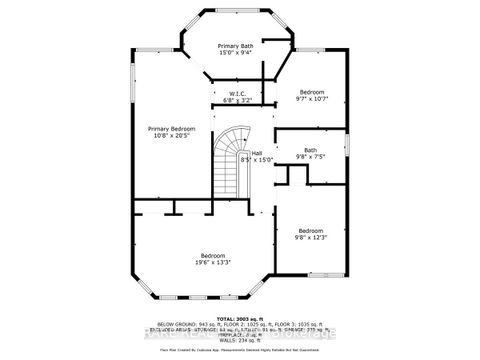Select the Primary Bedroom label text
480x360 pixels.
(x=171, y=129)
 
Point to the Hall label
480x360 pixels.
(x=257, y=152)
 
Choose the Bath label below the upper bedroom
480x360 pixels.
(x=310, y=150)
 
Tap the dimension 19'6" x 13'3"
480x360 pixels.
(x=213, y=263)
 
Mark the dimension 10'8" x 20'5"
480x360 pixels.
(x=171, y=137)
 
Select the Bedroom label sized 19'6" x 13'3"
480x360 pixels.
(x=213, y=255)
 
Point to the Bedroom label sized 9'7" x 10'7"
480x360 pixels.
(x=312, y=92)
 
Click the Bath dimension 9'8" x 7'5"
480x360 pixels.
(x=310, y=158)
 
